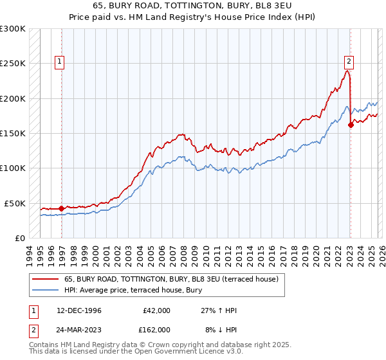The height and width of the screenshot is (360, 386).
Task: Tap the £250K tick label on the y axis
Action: coord(13,64)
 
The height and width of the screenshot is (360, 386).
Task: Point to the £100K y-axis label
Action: coord(13,168)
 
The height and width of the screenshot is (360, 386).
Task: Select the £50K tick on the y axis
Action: coord(15,203)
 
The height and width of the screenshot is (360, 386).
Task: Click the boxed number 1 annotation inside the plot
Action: coord(60,62)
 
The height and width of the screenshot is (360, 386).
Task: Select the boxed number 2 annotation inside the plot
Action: coord(349,62)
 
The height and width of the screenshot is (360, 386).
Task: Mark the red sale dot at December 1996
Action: coord(61,208)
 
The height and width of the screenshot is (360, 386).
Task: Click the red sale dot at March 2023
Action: coord(351,125)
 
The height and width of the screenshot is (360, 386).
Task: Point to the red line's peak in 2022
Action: coord(347,71)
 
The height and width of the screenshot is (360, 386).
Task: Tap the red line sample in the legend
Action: coord(46,279)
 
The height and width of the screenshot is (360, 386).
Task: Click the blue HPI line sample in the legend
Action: coord(46,289)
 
